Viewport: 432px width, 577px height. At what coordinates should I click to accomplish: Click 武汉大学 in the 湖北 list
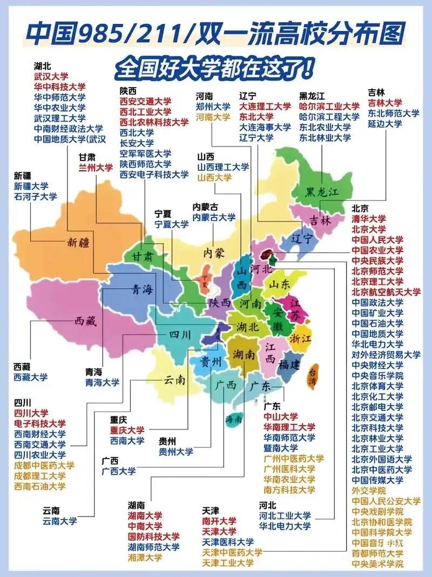point(51,77)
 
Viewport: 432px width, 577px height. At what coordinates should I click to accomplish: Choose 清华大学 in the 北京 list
point(369,219)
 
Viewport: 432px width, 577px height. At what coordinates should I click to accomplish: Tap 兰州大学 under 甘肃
point(96,168)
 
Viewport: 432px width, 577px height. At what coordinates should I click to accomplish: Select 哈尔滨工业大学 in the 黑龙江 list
point(329,107)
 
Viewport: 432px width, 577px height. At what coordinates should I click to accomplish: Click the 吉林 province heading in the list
point(376,92)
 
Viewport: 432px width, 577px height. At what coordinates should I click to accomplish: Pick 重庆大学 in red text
point(127,430)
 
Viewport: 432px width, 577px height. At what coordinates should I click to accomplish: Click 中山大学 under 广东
point(280,417)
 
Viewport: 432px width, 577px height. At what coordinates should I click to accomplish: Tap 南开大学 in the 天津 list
point(219,521)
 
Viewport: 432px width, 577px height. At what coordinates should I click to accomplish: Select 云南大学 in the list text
point(60,521)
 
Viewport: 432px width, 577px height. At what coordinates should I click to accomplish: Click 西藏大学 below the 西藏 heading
point(31,377)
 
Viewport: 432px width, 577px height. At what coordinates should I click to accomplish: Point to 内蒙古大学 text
point(214,217)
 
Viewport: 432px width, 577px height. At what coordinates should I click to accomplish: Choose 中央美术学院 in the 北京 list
point(377,563)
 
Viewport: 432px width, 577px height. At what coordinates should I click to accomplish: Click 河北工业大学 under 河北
point(285,515)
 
